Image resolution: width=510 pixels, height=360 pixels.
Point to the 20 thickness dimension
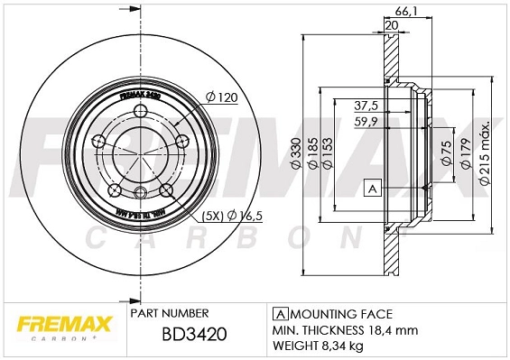(390, 25)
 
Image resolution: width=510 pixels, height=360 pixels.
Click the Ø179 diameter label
(466, 156)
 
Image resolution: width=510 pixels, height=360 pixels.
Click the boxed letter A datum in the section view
(371, 188)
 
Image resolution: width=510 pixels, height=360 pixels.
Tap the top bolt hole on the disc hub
(142, 110)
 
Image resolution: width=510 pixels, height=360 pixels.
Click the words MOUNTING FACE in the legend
(341, 313)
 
